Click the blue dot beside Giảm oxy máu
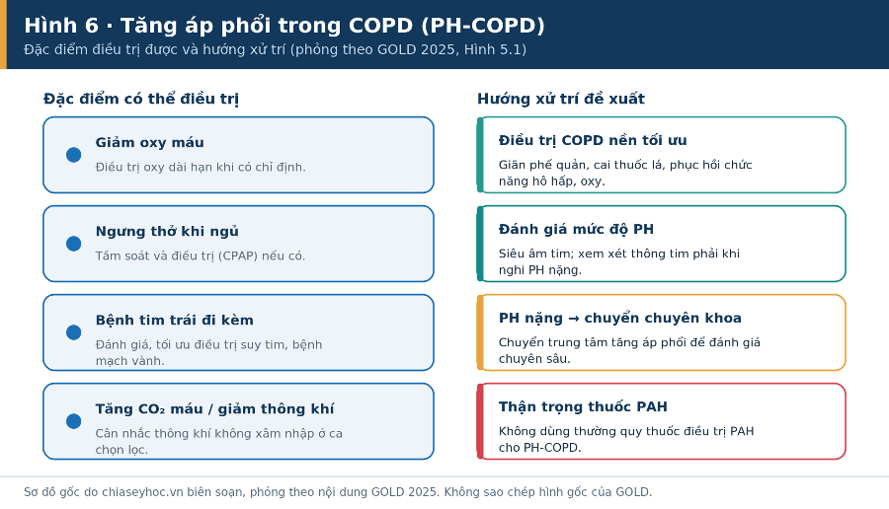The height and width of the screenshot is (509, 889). coord(74,155)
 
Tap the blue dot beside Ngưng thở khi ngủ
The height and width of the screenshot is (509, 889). coord(74,244)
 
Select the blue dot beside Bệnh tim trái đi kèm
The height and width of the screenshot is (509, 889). coord(74,332)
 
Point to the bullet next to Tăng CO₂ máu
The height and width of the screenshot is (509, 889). coord(74,421)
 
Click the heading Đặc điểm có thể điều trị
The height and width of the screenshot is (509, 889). coord(141,99)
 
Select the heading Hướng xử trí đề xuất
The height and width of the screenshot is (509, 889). coord(561,99)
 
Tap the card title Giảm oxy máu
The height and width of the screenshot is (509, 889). coord(150,143)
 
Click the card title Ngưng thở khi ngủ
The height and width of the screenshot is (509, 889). coord(167,232)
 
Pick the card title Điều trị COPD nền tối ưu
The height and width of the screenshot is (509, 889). coord(593,140)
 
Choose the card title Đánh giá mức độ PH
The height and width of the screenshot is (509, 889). coord(576,229)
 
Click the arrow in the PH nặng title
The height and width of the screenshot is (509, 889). coord(573,319)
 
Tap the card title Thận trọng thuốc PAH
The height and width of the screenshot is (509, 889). coord(583,407)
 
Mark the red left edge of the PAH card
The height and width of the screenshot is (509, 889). coord(480,421)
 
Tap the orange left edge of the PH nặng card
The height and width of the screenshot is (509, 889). coord(480,332)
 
